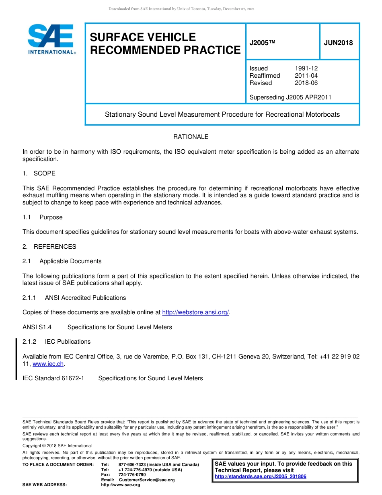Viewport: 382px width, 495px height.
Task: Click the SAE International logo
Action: pos(51,39)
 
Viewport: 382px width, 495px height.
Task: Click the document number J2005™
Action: pos(262,43)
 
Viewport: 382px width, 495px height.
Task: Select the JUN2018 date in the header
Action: pos(338,43)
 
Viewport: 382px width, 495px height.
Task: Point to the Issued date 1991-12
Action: pos(306,68)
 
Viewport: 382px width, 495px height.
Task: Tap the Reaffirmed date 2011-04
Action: pos(306,76)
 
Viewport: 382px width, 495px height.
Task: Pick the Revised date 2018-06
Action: pos(306,83)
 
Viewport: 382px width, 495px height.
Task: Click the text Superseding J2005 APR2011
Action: pos(290,97)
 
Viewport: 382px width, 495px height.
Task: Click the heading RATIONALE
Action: pos(191,137)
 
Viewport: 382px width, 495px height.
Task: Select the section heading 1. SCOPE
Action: pos(39,173)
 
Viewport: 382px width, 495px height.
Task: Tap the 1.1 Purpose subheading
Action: pos(43,217)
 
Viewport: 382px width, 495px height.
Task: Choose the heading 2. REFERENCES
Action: pos(49,247)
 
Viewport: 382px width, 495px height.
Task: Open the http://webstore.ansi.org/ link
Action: pos(195,313)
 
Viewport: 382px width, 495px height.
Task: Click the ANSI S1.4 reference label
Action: pos(37,327)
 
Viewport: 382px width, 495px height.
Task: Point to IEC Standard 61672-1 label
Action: pos(53,378)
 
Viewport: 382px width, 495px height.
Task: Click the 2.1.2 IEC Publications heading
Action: pos(56,342)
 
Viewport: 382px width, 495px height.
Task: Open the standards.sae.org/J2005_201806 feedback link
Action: pos(260,476)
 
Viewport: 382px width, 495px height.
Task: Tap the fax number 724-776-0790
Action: pos(132,475)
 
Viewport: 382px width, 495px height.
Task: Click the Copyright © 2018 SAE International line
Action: pos(57,445)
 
